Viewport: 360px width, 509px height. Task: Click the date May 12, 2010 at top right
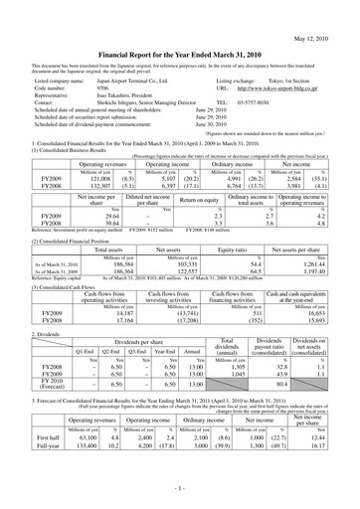324,11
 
